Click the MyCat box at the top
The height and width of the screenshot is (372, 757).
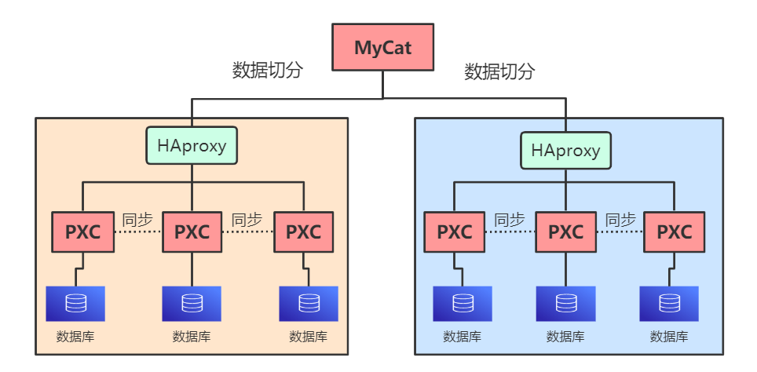(382, 46)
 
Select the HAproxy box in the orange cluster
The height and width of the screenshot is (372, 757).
(192, 145)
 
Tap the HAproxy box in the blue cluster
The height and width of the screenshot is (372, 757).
(565, 150)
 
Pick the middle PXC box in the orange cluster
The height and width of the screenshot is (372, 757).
(192, 232)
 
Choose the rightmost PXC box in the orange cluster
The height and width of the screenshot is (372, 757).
(303, 232)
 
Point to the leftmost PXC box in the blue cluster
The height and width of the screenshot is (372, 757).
(455, 232)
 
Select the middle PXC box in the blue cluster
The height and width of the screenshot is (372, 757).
(565, 232)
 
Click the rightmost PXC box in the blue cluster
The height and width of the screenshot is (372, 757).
(674, 232)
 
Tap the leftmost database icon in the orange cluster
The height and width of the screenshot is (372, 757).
(75, 303)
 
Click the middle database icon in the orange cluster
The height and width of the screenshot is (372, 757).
(192, 303)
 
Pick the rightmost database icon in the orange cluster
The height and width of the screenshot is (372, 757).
(309, 303)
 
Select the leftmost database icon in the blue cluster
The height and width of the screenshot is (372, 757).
(463, 303)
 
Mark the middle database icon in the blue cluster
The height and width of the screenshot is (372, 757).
(565, 303)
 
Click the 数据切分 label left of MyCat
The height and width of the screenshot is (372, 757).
(268, 70)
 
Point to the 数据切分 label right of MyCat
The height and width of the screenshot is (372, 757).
(499, 72)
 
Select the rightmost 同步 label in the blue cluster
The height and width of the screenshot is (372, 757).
(620, 221)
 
